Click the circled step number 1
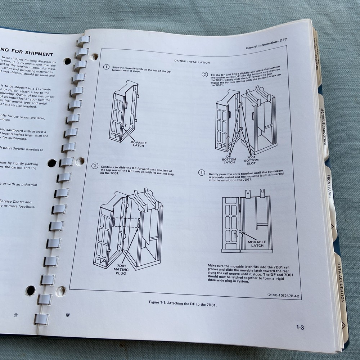point(106,67)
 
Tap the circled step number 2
point(204,75)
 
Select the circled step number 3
point(95,166)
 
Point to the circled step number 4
point(202,172)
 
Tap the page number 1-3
point(300,327)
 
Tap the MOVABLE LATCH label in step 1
point(139,144)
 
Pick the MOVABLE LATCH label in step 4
point(257,244)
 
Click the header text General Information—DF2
point(266,48)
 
